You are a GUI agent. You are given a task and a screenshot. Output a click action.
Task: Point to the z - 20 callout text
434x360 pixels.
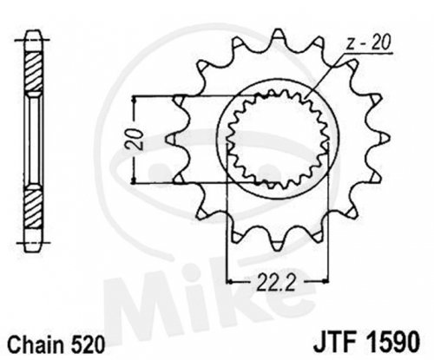point(368,44)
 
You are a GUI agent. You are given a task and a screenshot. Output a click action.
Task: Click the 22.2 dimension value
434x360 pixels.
point(276,281)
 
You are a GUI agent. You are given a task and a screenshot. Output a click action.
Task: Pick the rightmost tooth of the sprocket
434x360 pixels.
point(382,138)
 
